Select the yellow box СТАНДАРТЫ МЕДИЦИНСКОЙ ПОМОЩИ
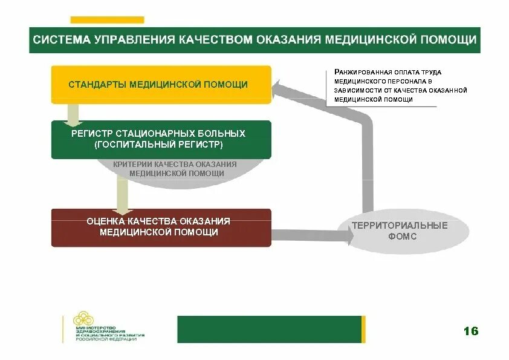(161, 85)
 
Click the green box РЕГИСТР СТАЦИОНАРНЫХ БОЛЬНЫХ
(161, 139)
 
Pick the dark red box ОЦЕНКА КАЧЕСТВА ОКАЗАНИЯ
(161, 227)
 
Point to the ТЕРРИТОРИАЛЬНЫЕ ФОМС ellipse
(400, 231)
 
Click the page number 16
(470, 331)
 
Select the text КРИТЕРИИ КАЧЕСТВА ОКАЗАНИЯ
(175, 165)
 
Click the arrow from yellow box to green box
(73, 114)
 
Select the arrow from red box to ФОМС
(311, 235)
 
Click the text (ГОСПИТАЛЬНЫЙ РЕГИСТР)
(158, 145)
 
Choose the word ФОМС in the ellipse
(400, 237)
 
